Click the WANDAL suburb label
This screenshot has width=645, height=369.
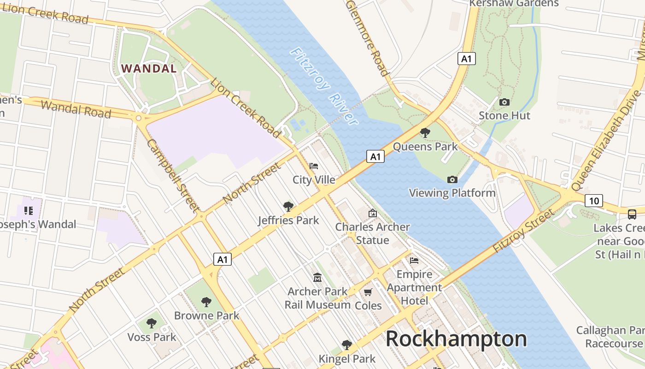pyautogui.click(x=148, y=69)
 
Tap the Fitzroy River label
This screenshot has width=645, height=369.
pyautogui.click(x=323, y=87)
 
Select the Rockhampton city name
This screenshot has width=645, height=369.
pyautogui.click(x=456, y=339)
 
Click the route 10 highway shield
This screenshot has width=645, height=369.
pyautogui.click(x=594, y=201)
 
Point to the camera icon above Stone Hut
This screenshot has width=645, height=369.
pyautogui.click(x=504, y=102)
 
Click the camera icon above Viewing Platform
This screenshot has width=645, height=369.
pyautogui.click(x=452, y=179)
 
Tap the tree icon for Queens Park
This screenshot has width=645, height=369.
pyautogui.click(x=425, y=133)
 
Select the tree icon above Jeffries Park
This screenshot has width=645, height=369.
pyautogui.click(x=288, y=206)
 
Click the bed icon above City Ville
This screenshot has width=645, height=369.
pyautogui.click(x=314, y=166)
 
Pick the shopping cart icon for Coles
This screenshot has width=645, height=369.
pyautogui.click(x=368, y=292)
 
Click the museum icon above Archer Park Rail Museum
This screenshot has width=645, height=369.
pyautogui.click(x=317, y=277)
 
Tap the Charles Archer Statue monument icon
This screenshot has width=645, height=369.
pyautogui.click(x=372, y=213)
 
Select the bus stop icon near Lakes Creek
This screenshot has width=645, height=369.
pyautogui.click(x=632, y=214)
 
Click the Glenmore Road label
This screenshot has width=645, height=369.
pyautogui.click(x=367, y=38)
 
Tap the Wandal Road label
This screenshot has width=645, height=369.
pyautogui.click(x=76, y=109)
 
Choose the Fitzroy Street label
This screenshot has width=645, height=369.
pyautogui.click(x=523, y=230)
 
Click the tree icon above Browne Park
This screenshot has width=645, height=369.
pyautogui.click(x=206, y=302)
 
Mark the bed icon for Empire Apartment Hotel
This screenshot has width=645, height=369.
pyautogui.click(x=414, y=261)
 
